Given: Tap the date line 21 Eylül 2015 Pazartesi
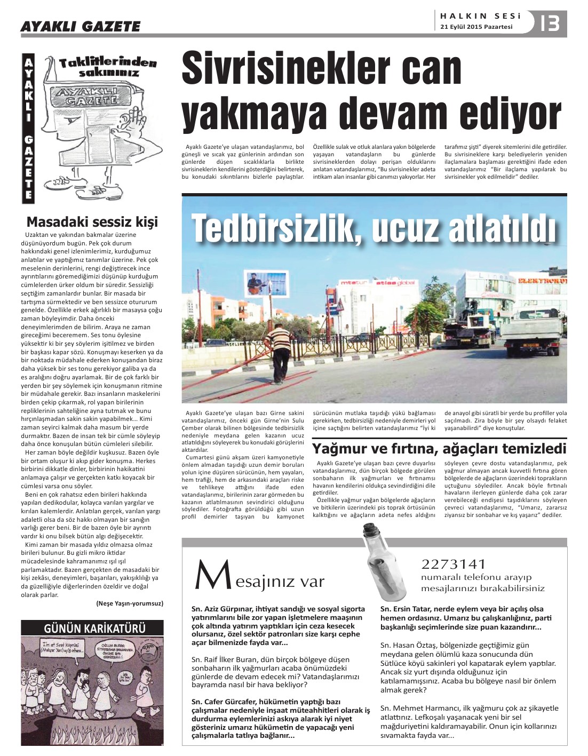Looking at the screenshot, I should pyautogui.click(x=476, y=27).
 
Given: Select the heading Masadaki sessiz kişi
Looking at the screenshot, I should pyautogui.click(x=92, y=221).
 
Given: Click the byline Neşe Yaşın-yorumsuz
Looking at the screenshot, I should pyautogui.click(x=130, y=603).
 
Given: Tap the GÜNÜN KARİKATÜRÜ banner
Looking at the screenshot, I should pyautogui.click(x=92, y=628).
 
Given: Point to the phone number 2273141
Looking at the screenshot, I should pyautogui.click(x=453, y=564).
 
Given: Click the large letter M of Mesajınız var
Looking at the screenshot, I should pyautogui.click(x=209, y=576).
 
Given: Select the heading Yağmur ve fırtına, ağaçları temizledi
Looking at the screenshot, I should pyautogui.click(x=439, y=448).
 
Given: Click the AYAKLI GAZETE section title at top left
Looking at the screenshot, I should pyautogui.click(x=80, y=26).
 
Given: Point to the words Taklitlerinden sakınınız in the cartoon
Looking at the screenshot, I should pyautogui.click(x=108, y=66).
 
